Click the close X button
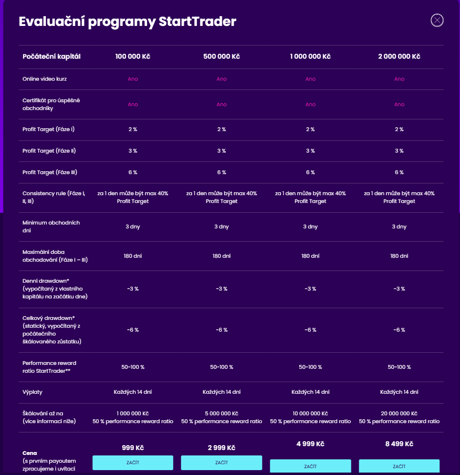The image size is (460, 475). click(x=437, y=20)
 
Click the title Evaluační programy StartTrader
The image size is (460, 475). click(x=127, y=22)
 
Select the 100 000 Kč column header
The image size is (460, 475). click(x=132, y=56)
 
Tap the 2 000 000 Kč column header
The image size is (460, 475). click(x=399, y=56)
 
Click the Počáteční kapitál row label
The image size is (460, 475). click(x=51, y=56)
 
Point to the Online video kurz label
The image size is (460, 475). click(x=45, y=79)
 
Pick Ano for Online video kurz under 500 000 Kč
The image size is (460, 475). click(x=221, y=79)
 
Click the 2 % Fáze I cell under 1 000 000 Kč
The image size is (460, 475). click(x=310, y=129)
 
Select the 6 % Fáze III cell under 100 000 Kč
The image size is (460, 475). click(x=132, y=172)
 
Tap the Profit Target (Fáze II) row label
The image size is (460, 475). click(x=49, y=151)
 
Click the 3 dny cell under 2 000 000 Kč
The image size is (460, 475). click(x=399, y=226)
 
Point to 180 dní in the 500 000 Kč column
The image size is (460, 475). click(x=221, y=256)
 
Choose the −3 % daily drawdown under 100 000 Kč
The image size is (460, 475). click(x=132, y=289)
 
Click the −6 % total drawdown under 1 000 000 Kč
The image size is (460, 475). click(x=310, y=330)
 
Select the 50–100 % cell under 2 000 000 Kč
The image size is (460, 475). click(x=399, y=367)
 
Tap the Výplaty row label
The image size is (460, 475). click(x=32, y=392)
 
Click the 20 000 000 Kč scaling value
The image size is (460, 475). click(x=399, y=413)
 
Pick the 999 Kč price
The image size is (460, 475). click(x=132, y=448)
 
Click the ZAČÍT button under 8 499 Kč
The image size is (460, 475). click(x=399, y=466)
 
